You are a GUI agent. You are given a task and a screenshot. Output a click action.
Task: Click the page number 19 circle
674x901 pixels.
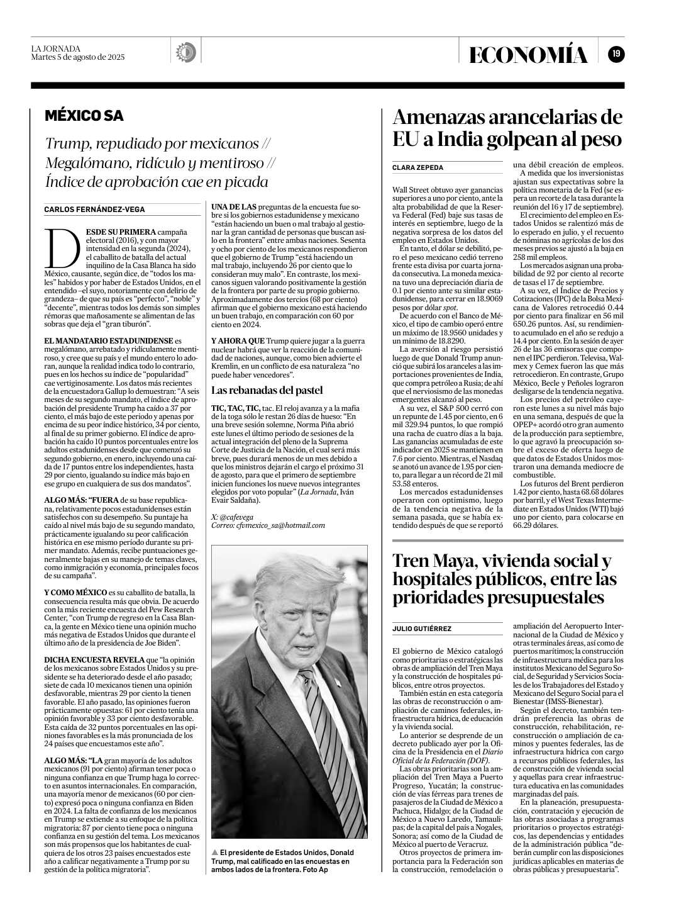click(616, 54)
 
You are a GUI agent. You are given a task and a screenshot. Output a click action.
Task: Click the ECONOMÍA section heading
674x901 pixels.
click(529, 55)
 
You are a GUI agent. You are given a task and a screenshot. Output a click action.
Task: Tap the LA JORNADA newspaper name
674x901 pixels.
click(56, 48)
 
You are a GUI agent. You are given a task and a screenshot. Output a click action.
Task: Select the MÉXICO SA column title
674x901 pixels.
click(84, 116)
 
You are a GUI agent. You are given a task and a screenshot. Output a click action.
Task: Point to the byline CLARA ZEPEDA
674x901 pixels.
click(417, 168)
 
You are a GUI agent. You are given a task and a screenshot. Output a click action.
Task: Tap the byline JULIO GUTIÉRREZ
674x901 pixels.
click(421, 629)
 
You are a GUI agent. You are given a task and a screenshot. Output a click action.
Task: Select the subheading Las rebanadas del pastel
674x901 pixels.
click(267, 389)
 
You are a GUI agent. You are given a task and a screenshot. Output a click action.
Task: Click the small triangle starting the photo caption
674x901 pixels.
click(215, 853)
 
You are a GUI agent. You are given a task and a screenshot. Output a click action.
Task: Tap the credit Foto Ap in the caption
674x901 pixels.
click(316, 869)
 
